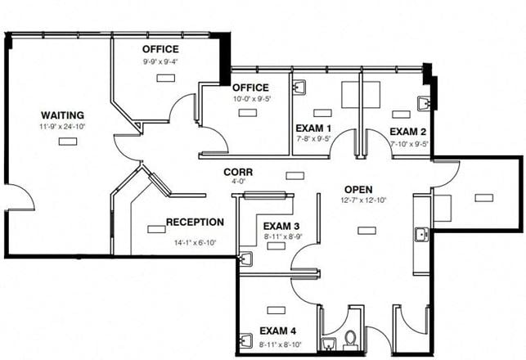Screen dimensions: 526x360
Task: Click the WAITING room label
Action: coord(62,115)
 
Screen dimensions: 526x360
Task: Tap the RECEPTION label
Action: coord(195,222)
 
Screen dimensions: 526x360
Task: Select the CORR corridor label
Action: coord(238,172)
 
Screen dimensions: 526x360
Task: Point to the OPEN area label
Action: coord(358,190)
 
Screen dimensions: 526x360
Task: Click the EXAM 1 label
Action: coord(313,128)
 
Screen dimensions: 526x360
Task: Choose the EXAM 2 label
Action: coord(408,132)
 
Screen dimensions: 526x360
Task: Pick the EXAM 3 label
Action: coord(281,226)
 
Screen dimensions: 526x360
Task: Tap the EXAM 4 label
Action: coord(278,331)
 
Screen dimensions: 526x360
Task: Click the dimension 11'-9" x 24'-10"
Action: coord(62,127)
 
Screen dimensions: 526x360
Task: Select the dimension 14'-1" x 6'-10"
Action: coord(195,242)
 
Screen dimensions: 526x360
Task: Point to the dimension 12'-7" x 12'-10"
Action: coord(364,200)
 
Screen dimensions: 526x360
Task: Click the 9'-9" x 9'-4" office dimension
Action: coord(160,61)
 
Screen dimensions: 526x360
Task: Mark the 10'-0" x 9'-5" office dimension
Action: coord(252,99)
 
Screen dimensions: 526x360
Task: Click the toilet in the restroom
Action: coord(351,339)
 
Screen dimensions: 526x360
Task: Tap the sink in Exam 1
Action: coord(299,88)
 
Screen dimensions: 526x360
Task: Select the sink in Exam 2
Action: coord(424,104)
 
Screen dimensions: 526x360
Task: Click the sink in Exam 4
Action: coord(246,340)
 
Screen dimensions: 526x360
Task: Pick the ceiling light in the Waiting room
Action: coord(68,142)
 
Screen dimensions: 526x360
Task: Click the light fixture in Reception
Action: coord(157,229)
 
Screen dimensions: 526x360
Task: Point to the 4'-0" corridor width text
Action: coord(237,182)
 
